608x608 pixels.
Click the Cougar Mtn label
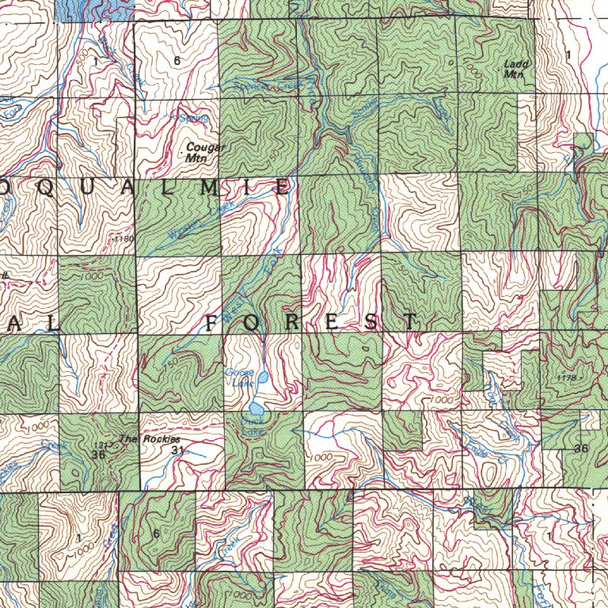click(205, 152)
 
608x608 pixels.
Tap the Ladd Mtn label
click(515, 68)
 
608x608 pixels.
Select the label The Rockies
click(150, 439)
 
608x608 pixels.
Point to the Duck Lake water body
click(256, 409)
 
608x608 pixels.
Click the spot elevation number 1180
click(125, 237)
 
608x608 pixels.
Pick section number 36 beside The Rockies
click(98, 455)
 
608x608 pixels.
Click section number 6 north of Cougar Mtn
click(176, 61)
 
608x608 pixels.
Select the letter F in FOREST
click(212, 322)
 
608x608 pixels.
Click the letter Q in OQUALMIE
click(54, 188)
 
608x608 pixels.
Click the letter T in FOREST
click(409, 321)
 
